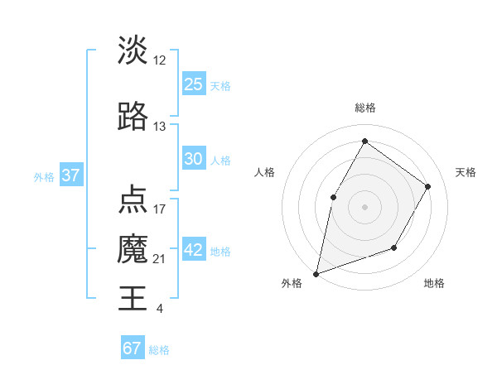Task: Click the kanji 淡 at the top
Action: [x=133, y=50]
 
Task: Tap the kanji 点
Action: [x=133, y=200]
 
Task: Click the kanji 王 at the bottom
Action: [x=133, y=297]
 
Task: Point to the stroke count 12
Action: [x=160, y=60]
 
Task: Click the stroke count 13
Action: [x=160, y=127]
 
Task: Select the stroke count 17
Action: [x=160, y=209]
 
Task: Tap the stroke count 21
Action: [x=160, y=259]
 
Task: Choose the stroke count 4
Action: [x=159, y=309]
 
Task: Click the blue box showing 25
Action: [x=193, y=84]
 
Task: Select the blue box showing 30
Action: [x=193, y=159]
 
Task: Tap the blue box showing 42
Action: [x=193, y=251]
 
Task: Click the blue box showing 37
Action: [x=70, y=175]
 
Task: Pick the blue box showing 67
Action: [x=132, y=348]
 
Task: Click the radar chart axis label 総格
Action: [x=364, y=108]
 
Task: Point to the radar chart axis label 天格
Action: [x=466, y=172]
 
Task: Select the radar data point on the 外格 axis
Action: [x=316, y=273]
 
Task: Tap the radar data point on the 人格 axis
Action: [x=333, y=197]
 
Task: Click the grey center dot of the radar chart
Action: [x=364, y=206]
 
